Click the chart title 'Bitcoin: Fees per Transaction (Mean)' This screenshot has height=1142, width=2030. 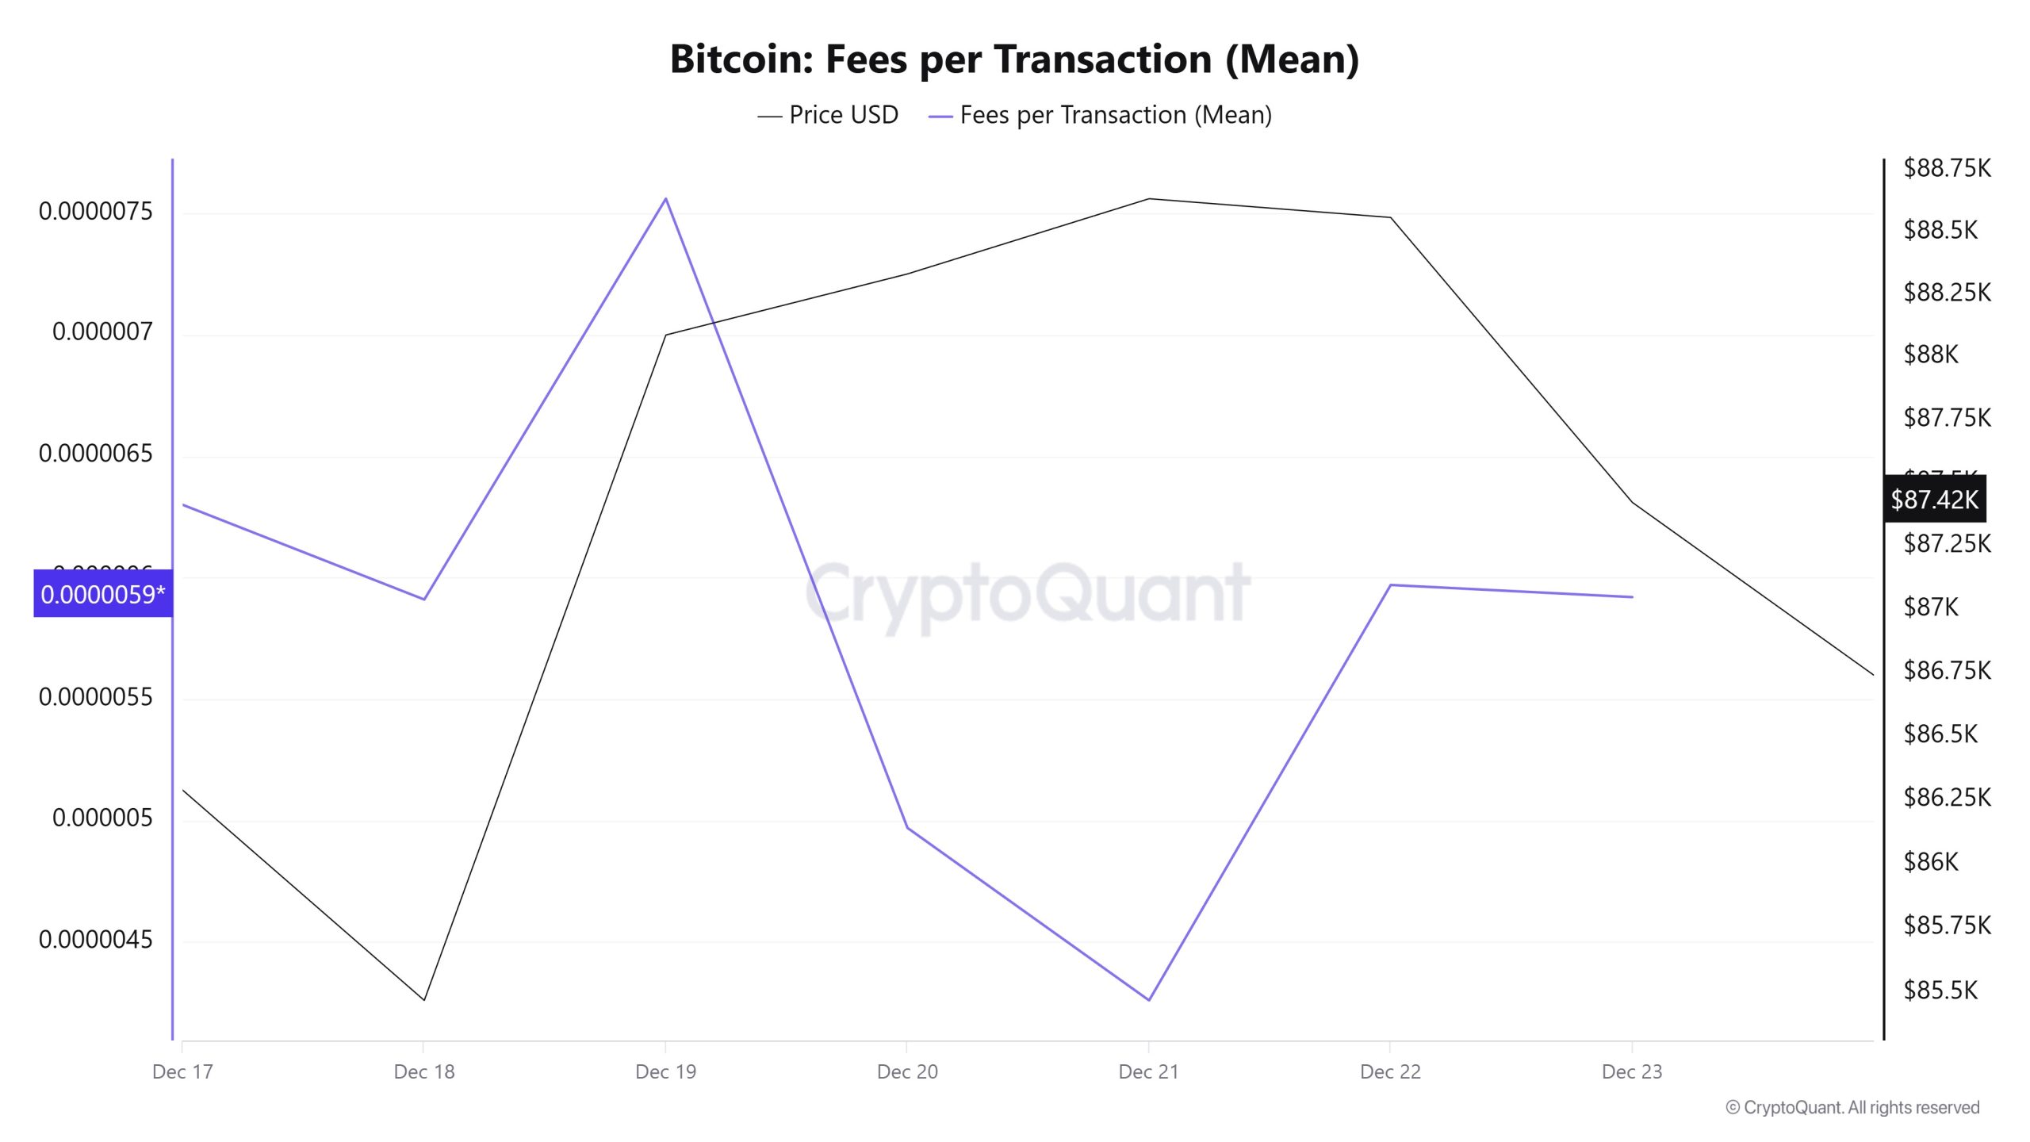coord(1014,59)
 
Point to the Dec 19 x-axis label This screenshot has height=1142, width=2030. coord(665,1071)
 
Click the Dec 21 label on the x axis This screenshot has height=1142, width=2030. coord(1148,1071)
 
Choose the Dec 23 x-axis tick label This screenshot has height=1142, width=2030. coord(1631,1071)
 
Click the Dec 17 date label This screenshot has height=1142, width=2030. coord(182,1071)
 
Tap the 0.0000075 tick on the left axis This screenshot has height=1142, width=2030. coord(95,211)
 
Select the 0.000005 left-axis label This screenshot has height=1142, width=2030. coord(102,818)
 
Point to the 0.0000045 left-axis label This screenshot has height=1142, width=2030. coord(95,939)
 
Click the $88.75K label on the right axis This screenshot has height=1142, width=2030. coord(1947,168)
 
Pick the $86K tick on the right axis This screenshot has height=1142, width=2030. coord(1931,861)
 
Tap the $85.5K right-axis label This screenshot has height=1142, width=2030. coord(1940,990)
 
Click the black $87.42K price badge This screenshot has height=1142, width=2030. coord(1935,500)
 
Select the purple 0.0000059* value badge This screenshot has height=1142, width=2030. coord(103,594)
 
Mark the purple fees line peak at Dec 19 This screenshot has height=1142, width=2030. coord(665,198)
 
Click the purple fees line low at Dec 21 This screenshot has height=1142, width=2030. coord(1148,999)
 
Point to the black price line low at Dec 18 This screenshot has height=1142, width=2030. coord(424,999)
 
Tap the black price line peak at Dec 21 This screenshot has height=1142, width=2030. coord(1148,199)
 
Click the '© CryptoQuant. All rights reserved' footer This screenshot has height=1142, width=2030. coord(1852,1107)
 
